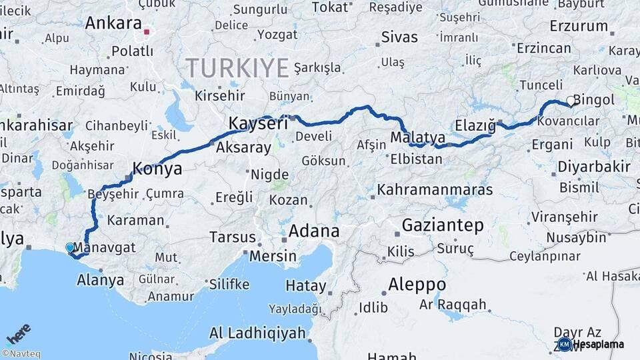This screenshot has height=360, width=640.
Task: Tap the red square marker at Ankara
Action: pyautogui.click(x=147, y=31)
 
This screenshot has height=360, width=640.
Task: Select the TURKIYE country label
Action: pyautogui.click(x=237, y=67)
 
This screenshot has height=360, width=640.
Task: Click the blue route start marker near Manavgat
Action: pyautogui.click(x=70, y=247)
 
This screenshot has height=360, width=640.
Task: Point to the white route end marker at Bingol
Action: pyautogui.click(x=571, y=101)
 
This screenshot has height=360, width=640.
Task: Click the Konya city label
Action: pyautogui.click(x=157, y=169)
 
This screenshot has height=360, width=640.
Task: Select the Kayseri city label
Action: pyautogui.click(x=258, y=123)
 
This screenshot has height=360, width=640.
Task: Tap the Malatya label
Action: pyautogui.click(x=417, y=137)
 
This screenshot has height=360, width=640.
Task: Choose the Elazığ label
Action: pyautogui.click(x=475, y=125)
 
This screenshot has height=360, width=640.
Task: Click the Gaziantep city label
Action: pyautogui.click(x=443, y=226)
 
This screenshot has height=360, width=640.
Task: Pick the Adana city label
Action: pyautogui.click(x=313, y=232)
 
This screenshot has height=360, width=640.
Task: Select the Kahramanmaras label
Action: pyautogui.click(x=435, y=190)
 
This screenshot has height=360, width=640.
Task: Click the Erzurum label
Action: pyautogui.click(x=579, y=27)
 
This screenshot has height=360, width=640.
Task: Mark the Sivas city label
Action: pyautogui.click(x=400, y=37)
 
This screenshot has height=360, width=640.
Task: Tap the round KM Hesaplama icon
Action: pyautogui.click(x=564, y=344)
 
